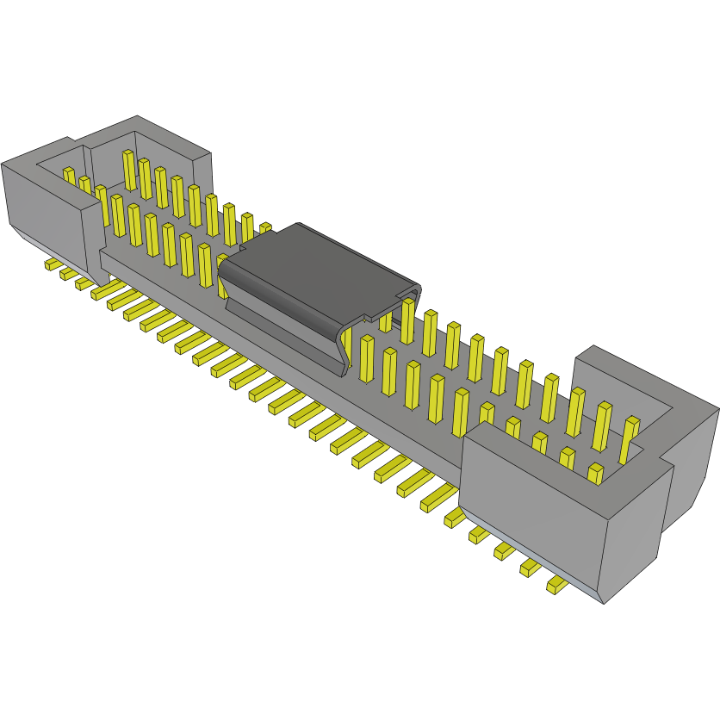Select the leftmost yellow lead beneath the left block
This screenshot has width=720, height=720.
(x=52, y=263)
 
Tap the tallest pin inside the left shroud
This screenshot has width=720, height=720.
(x=128, y=171)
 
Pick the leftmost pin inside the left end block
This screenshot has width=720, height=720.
(x=69, y=175)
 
